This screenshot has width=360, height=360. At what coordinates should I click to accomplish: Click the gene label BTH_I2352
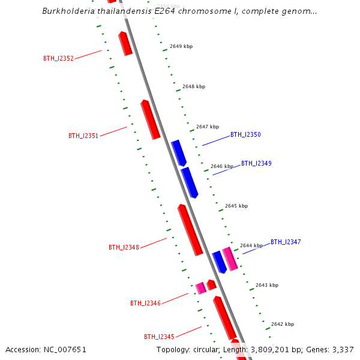58,59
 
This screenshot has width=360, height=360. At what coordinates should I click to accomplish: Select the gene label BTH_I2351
83,136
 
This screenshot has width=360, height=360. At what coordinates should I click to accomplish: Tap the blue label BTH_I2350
245,135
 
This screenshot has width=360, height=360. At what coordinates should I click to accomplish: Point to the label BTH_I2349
256,163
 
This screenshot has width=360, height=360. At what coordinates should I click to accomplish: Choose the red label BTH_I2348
124,247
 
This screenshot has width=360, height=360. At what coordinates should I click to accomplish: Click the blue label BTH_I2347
286,242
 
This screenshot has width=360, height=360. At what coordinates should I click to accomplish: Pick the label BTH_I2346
145,303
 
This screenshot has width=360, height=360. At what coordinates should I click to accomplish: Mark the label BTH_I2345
159,337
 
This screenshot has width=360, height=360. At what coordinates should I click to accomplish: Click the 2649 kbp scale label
181,46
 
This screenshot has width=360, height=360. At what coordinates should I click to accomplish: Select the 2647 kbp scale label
207,127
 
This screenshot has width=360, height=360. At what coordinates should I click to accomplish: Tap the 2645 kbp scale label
236,206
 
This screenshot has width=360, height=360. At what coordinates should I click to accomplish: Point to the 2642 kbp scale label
282,324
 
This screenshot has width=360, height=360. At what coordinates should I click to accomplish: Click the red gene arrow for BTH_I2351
150,119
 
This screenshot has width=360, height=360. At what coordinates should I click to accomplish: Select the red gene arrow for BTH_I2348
190,229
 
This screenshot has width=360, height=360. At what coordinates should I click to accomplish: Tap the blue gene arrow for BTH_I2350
179,152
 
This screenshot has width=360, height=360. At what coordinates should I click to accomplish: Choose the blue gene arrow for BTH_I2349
190,182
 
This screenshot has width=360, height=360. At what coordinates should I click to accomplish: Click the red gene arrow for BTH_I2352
125,44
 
